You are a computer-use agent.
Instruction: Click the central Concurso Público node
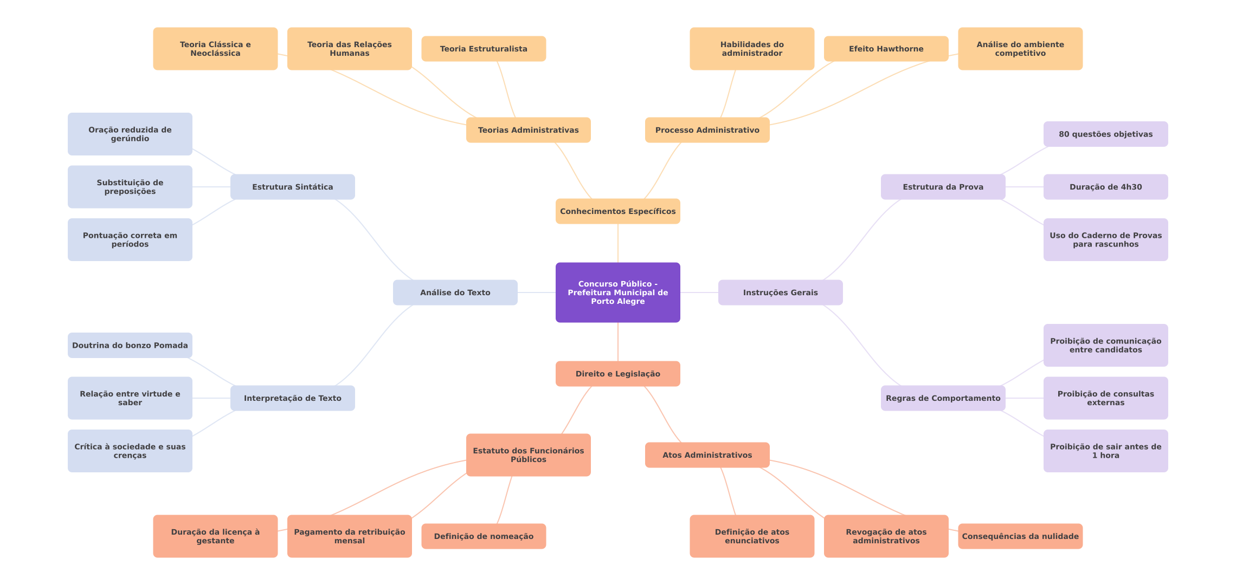[617, 292]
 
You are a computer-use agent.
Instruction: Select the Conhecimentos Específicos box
[617, 211]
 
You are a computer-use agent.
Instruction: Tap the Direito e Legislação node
[617, 374]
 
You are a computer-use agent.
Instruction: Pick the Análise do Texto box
[455, 292]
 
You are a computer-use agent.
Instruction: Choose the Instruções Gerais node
[780, 292]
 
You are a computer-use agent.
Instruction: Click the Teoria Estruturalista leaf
[484, 49]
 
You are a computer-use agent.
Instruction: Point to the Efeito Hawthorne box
[886, 49]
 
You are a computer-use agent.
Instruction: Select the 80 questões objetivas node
[1105, 134]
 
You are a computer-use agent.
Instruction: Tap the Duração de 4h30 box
[1105, 187]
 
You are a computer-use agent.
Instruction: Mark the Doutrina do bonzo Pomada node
[130, 345]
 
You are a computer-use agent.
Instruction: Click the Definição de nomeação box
[484, 536]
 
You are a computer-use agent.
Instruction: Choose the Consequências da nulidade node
[1020, 536]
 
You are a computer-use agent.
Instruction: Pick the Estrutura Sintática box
[292, 187]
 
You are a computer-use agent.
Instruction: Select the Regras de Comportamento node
[943, 398]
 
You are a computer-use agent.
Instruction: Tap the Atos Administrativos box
[707, 455]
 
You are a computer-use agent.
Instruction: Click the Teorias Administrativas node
[528, 130]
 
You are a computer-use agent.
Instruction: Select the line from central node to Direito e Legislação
[618, 342]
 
